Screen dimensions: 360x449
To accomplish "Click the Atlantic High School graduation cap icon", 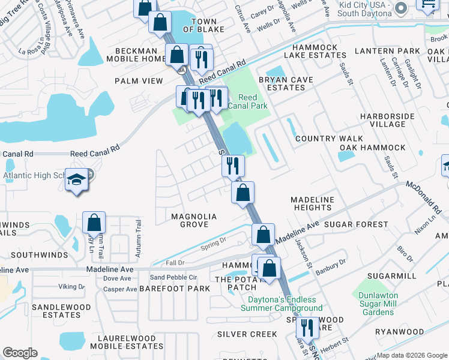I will [x=77, y=180].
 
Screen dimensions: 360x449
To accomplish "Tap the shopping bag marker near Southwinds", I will [x=94, y=223].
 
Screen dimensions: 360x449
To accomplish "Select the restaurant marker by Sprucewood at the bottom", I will [x=307, y=327].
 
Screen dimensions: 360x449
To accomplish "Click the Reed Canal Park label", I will [x=248, y=102].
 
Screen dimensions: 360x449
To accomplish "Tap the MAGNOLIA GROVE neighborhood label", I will [x=189, y=220].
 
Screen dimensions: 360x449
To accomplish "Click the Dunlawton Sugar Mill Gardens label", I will [x=384, y=304].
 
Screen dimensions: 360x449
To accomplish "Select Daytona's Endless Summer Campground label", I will [x=282, y=304].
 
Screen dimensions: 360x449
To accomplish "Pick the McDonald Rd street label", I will [x=427, y=199].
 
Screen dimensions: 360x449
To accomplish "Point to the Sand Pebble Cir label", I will [x=173, y=277].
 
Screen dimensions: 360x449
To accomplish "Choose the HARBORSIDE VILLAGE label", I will [x=382, y=120].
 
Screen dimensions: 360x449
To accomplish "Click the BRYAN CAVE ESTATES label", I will [x=286, y=83].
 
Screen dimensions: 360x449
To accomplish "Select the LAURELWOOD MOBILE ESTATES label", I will [x=127, y=342].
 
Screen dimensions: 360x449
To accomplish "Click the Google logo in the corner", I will [x=20, y=353].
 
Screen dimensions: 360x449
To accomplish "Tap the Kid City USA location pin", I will [x=402, y=7].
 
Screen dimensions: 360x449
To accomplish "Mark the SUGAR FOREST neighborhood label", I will [x=356, y=224].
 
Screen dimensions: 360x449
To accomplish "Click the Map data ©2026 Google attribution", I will [x=412, y=355].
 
